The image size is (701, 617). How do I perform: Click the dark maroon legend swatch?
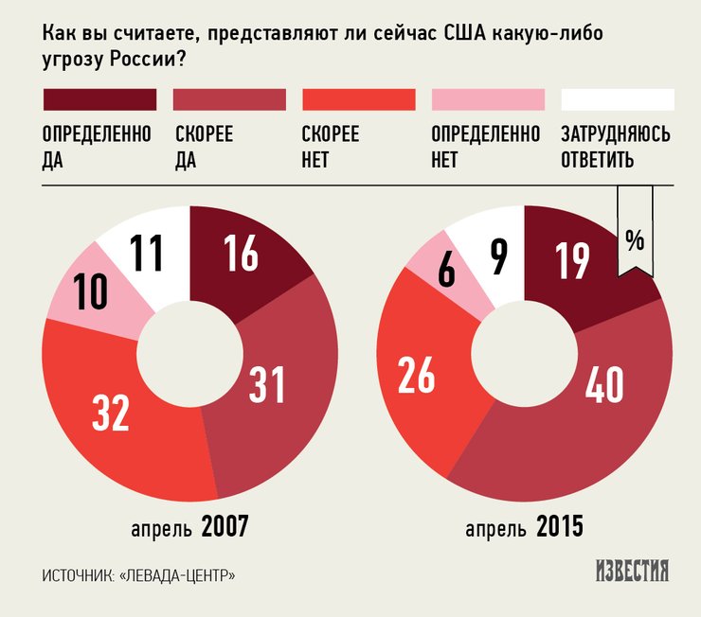pos(99,99)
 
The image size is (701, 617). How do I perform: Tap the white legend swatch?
pos(618,99)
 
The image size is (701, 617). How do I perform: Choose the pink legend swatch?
pos(488,99)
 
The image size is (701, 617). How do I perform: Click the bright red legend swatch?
pos(359,99)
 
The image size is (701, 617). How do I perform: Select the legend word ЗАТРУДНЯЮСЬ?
pos(616,134)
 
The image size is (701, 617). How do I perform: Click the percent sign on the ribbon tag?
pos(634,240)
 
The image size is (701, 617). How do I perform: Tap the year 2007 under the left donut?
pos(225,526)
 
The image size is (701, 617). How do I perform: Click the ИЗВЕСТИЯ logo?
pos(632,572)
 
